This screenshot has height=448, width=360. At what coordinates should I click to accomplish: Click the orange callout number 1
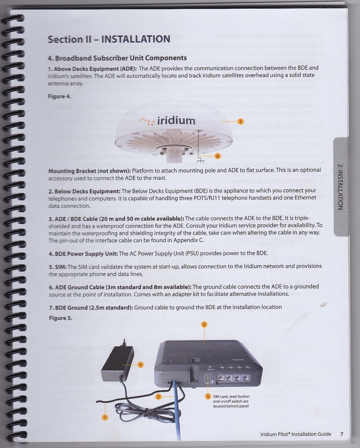[x=241, y=122]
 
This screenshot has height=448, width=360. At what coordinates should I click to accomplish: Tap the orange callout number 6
[x=218, y=156]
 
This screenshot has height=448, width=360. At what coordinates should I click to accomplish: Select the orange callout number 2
[x=204, y=325]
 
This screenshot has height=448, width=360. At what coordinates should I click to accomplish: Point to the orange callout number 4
[x=141, y=365]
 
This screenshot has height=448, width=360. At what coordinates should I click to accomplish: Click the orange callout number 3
[x=159, y=397]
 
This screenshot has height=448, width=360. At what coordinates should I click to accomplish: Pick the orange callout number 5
[x=208, y=397]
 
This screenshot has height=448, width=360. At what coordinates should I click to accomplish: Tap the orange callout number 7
[x=105, y=418]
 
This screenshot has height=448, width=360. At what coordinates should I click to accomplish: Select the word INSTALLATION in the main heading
[x=136, y=39]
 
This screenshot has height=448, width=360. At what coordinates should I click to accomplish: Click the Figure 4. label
[x=59, y=96]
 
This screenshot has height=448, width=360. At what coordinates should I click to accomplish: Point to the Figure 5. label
[x=61, y=318]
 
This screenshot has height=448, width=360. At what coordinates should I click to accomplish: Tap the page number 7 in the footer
[x=342, y=434]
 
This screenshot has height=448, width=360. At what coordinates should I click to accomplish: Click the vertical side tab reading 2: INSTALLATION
[x=340, y=187]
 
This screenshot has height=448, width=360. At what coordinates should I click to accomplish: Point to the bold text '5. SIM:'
[x=58, y=267]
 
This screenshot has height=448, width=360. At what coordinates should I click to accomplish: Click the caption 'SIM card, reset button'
[x=231, y=397]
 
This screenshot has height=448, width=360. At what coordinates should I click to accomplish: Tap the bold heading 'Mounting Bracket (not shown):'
[x=90, y=171]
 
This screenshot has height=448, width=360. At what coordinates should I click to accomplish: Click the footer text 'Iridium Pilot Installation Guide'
[x=296, y=434]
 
